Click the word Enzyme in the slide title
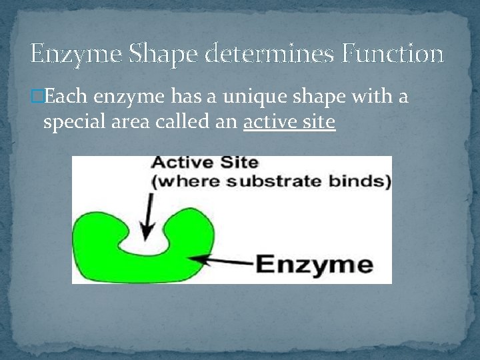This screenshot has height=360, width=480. tap(76, 55)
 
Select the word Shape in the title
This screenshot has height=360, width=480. tap(163, 55)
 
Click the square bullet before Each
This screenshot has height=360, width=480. tap(37, 96)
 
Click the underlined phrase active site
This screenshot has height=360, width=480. tap(289, 122)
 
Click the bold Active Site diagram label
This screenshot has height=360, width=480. tap(205, 162)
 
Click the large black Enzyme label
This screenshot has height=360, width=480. tap(315, 265)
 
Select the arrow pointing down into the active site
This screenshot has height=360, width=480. tap(147, 217)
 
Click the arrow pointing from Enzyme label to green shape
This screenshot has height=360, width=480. tap(221, 261)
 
